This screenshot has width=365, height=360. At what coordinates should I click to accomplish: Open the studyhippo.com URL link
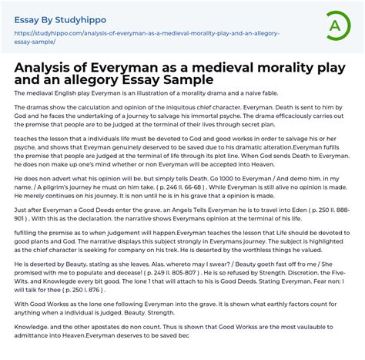146,38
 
